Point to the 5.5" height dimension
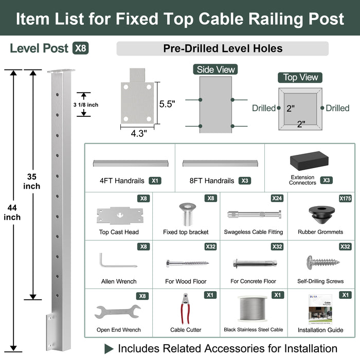[x=167, y=103]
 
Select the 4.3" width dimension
[x=138, y=133]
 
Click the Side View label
[x=215, y=69]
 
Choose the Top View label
[x=301, y=77]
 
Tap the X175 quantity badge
[x=345, y=198]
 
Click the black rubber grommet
[x=321, y=215]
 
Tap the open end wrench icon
[x=118, y=312]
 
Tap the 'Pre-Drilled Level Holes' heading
[x=223, y=49]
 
